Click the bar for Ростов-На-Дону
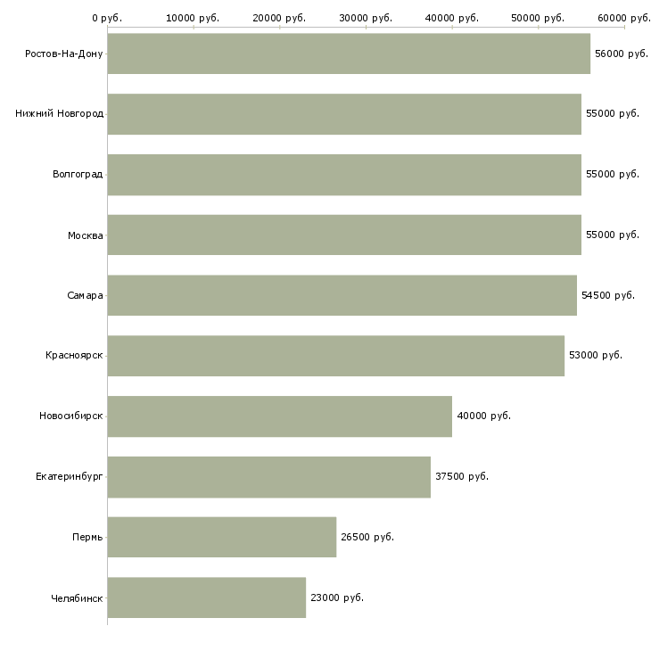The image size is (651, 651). (x=348, y=54)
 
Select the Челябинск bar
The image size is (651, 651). (x=206, y=597)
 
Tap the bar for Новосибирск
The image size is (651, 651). (x=279, y=416)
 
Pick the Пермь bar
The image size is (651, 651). (x=221, y=537)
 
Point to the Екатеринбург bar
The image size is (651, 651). (x=268, y=476)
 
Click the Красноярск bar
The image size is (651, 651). (x=335, y=355)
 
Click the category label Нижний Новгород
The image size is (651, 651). (x=59, y=114)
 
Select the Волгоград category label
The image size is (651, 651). (x=78, y=174)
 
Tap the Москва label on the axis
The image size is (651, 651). (x=86, y=235)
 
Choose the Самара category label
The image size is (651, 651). (x=85, y=295)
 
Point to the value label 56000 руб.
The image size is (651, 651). (x=622, y=54)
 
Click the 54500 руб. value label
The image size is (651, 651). (x=608, y=295)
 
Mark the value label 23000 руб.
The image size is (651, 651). (x=337, y=597)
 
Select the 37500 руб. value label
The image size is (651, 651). (x=462, y=476)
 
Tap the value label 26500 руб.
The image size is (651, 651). (x=367, y=537)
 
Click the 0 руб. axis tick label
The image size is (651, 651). (x=107, y=18)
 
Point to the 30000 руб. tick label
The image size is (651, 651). (x=366, y=18)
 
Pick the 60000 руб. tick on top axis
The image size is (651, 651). (x=624, y=18)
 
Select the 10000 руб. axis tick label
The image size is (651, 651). (x=193, y=18)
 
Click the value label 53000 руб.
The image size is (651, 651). (x=596, y=355)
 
